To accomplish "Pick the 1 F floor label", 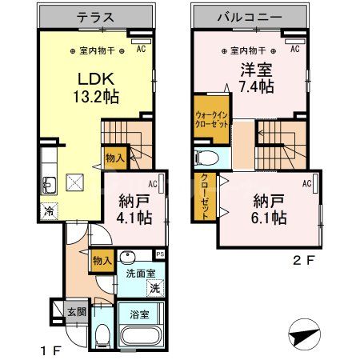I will pos(49,349).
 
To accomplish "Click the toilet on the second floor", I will pos(206,156).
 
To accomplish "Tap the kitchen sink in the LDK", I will pos(48,186).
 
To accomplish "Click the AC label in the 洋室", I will pos(294,50).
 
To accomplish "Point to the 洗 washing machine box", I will pos(155,287).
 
